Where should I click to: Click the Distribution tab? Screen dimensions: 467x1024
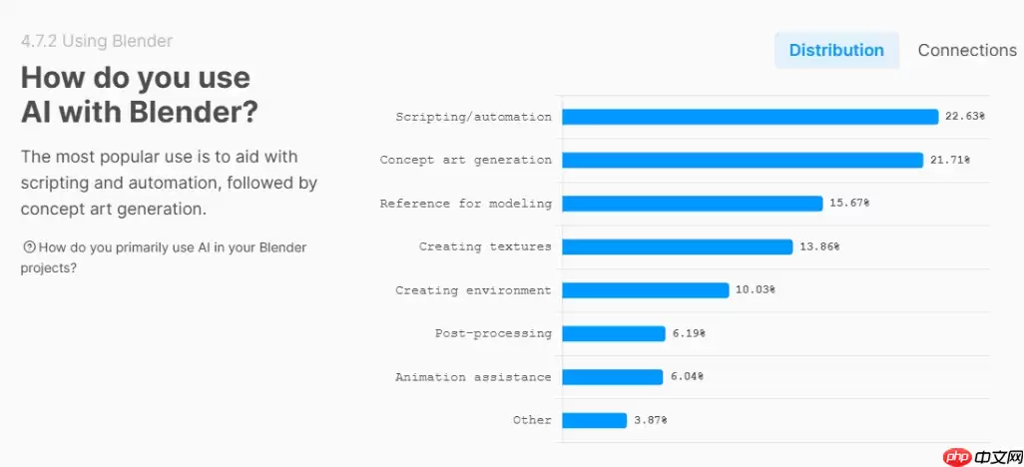[836, 50]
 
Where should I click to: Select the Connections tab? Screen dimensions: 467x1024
[966, 50]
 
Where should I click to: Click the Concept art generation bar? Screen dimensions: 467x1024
[743, 160]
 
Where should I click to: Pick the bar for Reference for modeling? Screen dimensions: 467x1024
[693, 204]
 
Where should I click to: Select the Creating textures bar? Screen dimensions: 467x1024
[678, 246]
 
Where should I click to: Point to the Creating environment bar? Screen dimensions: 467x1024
[646, 290]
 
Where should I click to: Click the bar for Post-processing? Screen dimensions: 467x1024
[614, 333]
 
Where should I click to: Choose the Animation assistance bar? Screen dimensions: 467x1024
[613, 377]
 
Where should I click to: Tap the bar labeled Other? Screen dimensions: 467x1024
[595, 420]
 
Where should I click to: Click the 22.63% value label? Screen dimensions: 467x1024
[965, 117]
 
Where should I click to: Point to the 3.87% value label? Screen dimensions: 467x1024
[650, 420]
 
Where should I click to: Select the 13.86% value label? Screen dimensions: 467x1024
[819, 246]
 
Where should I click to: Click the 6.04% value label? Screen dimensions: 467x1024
[687, 377]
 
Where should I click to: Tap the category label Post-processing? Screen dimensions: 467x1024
[493, 333]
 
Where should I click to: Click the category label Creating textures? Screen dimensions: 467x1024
[485, 246]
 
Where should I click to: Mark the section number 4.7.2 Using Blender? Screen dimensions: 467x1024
[97, 41]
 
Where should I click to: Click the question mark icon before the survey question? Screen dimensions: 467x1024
[28, 247]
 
